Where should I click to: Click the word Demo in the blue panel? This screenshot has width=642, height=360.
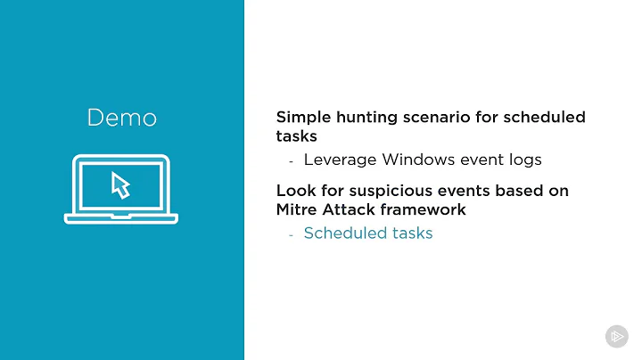(x=121, y=118)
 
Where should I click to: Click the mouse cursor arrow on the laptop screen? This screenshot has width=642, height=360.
(x=120, y=185)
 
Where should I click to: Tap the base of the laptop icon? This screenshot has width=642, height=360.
(x=121, y=217)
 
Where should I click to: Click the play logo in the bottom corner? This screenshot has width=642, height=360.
(x=616, y=336)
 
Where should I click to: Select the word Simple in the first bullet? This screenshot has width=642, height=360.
(x=302, y=118)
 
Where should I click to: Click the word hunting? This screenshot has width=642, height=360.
(x=366, y=118)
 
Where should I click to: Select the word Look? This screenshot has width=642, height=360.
(x=295, y=191)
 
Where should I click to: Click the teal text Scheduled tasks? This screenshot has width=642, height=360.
(x=367, y=233)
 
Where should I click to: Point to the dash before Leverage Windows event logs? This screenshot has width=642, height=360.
(x=291, y=161)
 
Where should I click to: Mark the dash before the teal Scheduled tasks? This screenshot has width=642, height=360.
(x=291, y=234)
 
